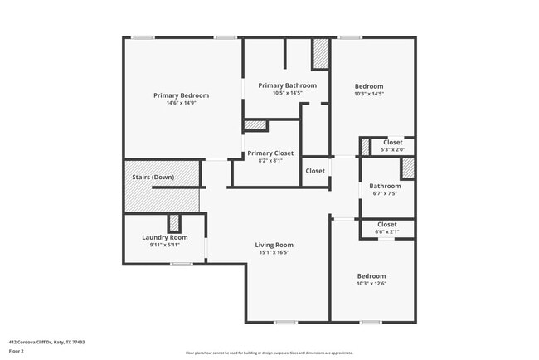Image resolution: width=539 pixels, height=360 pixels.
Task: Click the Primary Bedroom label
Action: pyautogui.click(x=181, y=95)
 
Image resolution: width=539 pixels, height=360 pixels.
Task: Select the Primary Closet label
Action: pyautogui.click(x=270, y=153)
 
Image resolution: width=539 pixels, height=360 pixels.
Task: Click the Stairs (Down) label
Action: pyautogui.click(x=153, y=177)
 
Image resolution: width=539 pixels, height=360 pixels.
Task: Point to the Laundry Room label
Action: pyautogui.click(x=165, y=237)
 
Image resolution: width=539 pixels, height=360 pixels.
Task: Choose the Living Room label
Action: pyautogui.click(x=274, y=245)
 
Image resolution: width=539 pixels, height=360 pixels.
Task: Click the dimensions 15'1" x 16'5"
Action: pyautogui.click(x=274, y=253)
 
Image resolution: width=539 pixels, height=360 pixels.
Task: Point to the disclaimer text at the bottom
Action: pyautogui.click(x=269, y=353)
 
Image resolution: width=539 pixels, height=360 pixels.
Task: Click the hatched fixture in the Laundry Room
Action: pyautogui.click(x=174, y=223)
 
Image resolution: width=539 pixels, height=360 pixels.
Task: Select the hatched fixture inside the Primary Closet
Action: pyautogui.click(x=255, y=125)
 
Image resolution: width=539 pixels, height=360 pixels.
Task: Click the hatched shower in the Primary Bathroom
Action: pyautogui.click(x=320, y=55)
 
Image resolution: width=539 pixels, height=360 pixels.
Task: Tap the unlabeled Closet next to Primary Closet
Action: pyautogui.click(x=315, y=171)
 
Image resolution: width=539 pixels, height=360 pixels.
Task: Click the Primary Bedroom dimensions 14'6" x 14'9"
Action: pyautogui.click(x=181, y=104)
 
